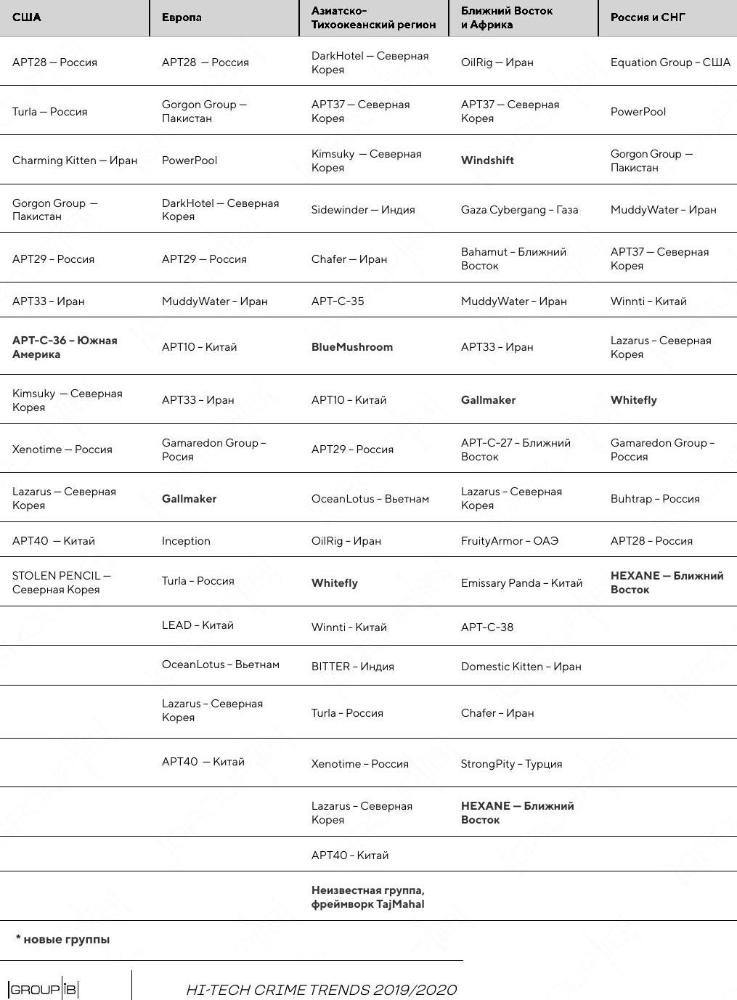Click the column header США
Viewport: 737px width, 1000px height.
click(27, 17)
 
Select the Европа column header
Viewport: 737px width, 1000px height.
click(182, 17)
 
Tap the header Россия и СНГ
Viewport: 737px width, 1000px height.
click(648, 17)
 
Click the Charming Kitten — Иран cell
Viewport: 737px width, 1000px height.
click(75, 160)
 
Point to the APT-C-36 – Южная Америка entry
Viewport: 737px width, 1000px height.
click(65, 347)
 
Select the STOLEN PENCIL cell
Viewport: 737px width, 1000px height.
click(61, 582)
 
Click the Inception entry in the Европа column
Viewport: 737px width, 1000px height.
click(186, 541)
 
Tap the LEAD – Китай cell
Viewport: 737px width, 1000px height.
click(198, 625)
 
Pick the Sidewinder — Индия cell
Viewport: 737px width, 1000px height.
click(363, 210)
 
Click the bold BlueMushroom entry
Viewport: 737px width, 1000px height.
click(352, 347)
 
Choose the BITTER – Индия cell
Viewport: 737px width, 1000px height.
click(353, 667)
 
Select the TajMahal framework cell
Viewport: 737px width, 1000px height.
click(368, 897)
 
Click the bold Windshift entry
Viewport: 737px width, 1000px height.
click(487, 160)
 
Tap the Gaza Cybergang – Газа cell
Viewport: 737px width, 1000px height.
click(520, 210)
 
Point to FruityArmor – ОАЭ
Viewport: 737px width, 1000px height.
click(510, 541)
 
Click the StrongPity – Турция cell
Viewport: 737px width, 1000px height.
click(512, 764)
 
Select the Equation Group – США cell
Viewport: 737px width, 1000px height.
click(670, 62)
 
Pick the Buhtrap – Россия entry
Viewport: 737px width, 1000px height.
click(655, 499)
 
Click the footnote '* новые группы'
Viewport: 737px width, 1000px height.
click(63, 940)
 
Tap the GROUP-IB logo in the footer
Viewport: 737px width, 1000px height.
click(43, 989)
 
